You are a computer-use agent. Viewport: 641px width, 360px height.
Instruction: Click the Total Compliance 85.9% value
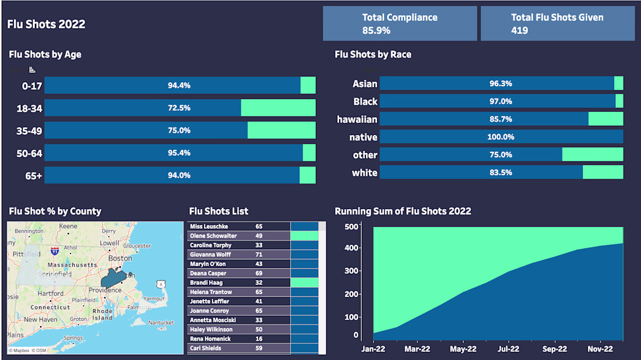pos(376,30)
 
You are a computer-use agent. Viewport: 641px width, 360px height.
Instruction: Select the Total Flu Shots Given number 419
pos(519,30)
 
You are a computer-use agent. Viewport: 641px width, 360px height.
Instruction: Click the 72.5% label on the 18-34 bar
pos(179,108)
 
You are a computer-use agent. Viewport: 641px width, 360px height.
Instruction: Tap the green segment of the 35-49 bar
pos(281,130)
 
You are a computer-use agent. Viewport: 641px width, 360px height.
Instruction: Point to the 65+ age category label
pos(34,175)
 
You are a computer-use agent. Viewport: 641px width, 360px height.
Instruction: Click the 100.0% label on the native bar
pos(501,137)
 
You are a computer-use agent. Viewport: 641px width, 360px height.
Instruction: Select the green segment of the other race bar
pos(592,154)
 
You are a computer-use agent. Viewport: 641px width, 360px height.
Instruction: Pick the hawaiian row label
pos(357,119)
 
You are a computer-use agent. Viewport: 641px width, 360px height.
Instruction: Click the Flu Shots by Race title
pos(373,55)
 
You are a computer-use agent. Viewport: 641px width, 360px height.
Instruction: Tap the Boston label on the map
pos(121,258)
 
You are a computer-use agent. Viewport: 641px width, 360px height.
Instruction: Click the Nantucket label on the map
pos(161,322)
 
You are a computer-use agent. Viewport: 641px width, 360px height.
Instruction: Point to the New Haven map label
pos(41,319)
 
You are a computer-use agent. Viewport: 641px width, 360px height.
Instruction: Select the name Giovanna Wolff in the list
pos(210,255)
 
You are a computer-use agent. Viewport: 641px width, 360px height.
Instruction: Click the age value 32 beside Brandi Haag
pos(259,283)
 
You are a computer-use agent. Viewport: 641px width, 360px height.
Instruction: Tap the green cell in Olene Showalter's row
pos(304,236)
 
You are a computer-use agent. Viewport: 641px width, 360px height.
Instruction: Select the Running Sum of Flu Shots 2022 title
pos(403,211)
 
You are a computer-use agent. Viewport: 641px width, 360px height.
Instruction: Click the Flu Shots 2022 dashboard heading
pos(46,24)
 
